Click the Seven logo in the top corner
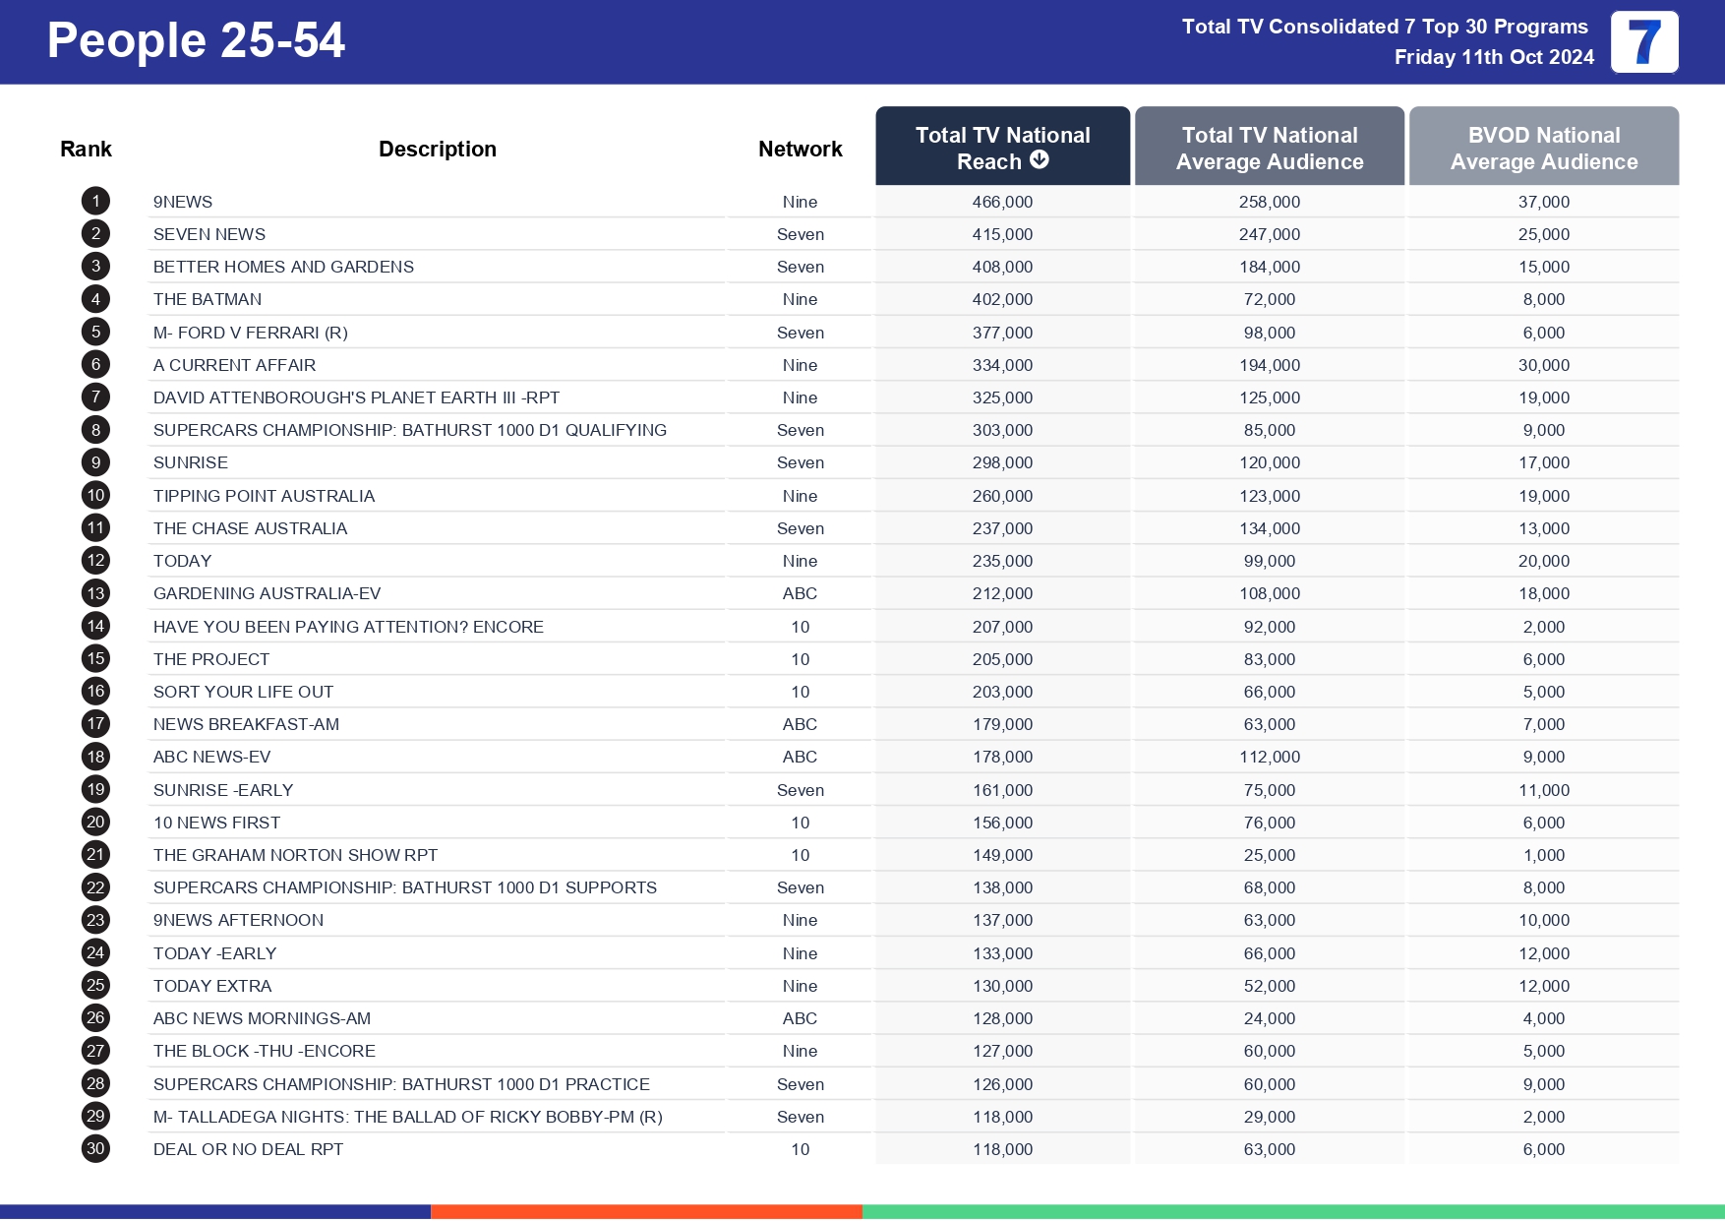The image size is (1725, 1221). click(x=1643, y=42)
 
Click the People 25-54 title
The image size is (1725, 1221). click(x=196, y=41)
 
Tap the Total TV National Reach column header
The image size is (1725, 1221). click(x=1002, y=147)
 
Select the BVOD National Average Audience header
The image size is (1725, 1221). click(x=1543, y=148)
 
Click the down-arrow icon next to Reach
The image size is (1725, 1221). click(x=1040, y=159)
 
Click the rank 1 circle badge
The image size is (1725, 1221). click(x=95, y=202)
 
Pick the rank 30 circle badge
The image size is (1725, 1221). click(x=95, y=1148)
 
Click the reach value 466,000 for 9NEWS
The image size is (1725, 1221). click(x=1002, y=202)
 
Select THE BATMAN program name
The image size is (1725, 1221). click(x=208, y=299)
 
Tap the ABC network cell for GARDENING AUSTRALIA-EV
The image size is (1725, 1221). click(x=800, y=593)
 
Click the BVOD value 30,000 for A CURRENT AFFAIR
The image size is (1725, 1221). click(x=1543, y=365)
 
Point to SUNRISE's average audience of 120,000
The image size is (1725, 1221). click(x=1269, y=462)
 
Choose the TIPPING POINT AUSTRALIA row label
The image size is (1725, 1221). click(x=264, y=496)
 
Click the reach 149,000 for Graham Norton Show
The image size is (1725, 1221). click(x=1002, y=855)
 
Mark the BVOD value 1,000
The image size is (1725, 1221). click(x=1543, y=855)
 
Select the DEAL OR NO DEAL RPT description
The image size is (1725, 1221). click(x=248, y=1149)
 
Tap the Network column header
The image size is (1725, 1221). click(x=800, y=149)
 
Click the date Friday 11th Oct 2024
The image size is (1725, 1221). click(x=1493, y=57)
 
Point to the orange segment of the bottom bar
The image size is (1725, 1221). click(x=646, y=1212)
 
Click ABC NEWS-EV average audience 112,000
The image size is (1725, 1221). click(x=1269, y=757)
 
